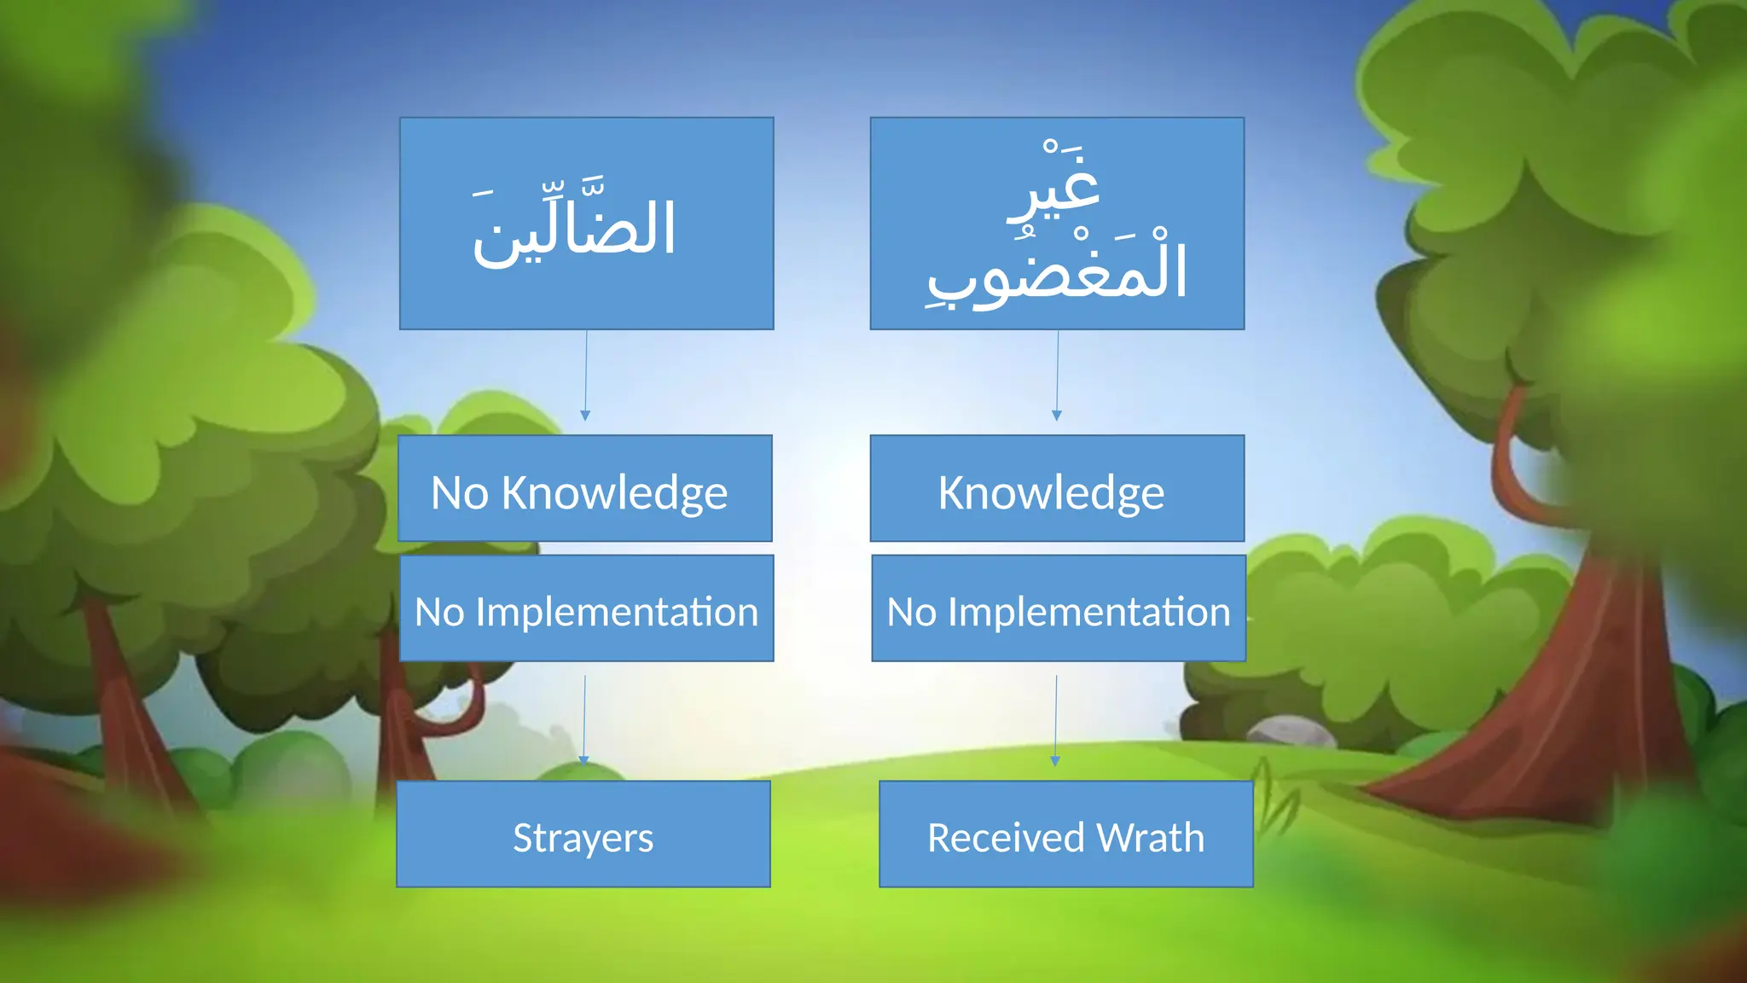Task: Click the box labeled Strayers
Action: (x=583, y=834)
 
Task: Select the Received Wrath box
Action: (x=1066, y=834)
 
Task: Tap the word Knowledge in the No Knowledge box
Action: (x=614, y=493)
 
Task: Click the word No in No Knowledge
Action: (x=460, y=493)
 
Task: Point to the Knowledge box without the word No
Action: (x=1058, y=488)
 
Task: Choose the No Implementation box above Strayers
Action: (x=587, y=608)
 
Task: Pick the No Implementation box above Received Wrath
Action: (x=1059, y=608)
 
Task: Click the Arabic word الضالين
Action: (x=575, y=224)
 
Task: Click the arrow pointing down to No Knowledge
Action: (x=585, y=375)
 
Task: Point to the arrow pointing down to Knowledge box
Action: (x=1057, y=375)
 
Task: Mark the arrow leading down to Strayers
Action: (x=584, y=720)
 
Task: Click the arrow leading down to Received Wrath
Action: (x=1056, y=720)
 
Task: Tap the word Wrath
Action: (x=1151, y=837)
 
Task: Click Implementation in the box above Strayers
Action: (x=617, y=613)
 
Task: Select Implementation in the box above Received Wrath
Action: (x=1089, y=613)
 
